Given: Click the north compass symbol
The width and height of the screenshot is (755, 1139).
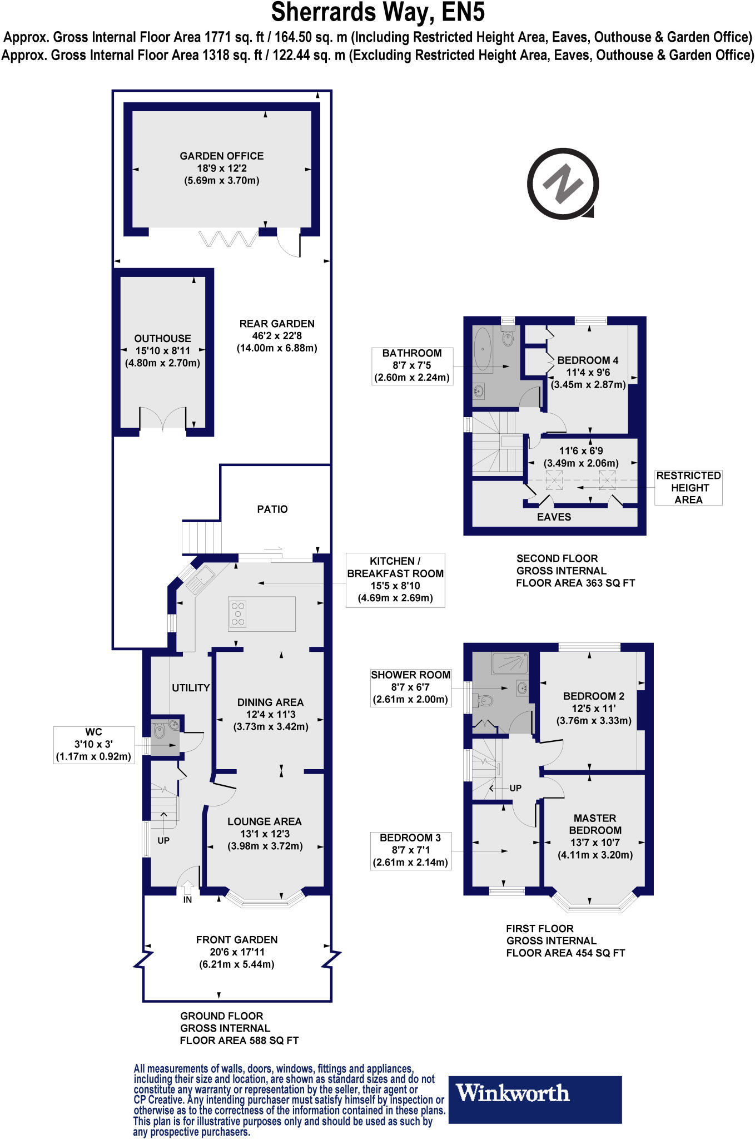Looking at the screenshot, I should tap(562, 183).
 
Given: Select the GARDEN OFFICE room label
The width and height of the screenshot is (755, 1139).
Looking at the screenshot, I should tap(221, 156).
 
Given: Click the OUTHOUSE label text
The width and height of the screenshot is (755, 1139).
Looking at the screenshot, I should tap(162, 338).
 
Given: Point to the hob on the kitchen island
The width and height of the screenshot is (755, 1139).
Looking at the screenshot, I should tap(238, 614).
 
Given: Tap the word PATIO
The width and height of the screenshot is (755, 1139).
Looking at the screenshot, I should tap(272, 509).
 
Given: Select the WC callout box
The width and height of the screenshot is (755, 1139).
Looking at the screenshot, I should tap(94, 745).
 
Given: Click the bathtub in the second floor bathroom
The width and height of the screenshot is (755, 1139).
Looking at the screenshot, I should tap(483, 349).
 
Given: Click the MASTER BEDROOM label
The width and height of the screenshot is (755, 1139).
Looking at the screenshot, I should tap(595, 824).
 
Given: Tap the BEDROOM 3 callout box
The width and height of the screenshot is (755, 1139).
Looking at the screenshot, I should tap(410, 850).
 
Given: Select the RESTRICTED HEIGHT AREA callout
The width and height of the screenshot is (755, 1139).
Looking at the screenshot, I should tap(688, 488).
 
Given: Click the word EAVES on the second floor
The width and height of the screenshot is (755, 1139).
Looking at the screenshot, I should tap(554, 517).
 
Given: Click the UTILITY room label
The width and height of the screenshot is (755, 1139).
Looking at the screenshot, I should tap(191, 688).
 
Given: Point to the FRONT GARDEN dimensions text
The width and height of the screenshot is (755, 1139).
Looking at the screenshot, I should tap(237, 958).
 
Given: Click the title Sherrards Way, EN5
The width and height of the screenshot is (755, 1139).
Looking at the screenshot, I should tap(377, 12).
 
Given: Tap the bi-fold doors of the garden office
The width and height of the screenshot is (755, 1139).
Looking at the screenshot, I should tap(228, 239).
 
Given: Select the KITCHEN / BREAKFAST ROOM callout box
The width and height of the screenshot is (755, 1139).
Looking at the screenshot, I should tap(395, 580).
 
